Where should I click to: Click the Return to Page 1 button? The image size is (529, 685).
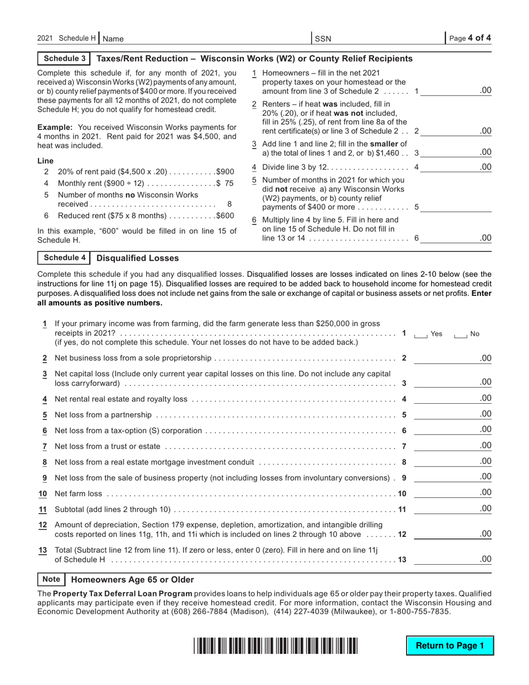pyautogui.click(x=450, y=645)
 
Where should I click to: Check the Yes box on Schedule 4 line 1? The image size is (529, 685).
pyautogui.click(x=420, y=334)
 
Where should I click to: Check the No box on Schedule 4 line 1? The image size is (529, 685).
pyautogui.click(x=460, y=334)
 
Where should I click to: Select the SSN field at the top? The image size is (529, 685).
pyautogui.click(x=379, y=38)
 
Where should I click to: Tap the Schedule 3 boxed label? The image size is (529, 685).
pyautogui.click(x=65, y=58)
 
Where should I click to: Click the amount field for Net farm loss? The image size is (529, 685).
pyautogui.click(x=453, y=493)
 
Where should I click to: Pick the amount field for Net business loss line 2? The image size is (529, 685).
pyautogui.click(x=453, y=358)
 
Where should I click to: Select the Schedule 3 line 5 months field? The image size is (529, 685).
pyautogui.click(x=456, y=207)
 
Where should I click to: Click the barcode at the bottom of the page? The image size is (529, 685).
pyautogui.click(x=276, y=646)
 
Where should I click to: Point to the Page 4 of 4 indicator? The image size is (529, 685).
pyautogui.click(x=470, y=38)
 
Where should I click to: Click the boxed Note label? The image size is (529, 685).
pyautogui.click(x=51, y=579)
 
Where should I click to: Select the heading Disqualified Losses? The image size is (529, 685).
pyautogui.click(x=138, y=258)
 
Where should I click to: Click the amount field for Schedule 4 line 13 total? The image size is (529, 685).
pyautogui.click(x=453, y=559)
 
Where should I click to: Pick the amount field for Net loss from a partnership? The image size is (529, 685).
pyautogui.click(x=453, y=414)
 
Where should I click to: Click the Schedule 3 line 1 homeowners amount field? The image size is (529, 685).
pyautogui.click(x=456, y=90)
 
